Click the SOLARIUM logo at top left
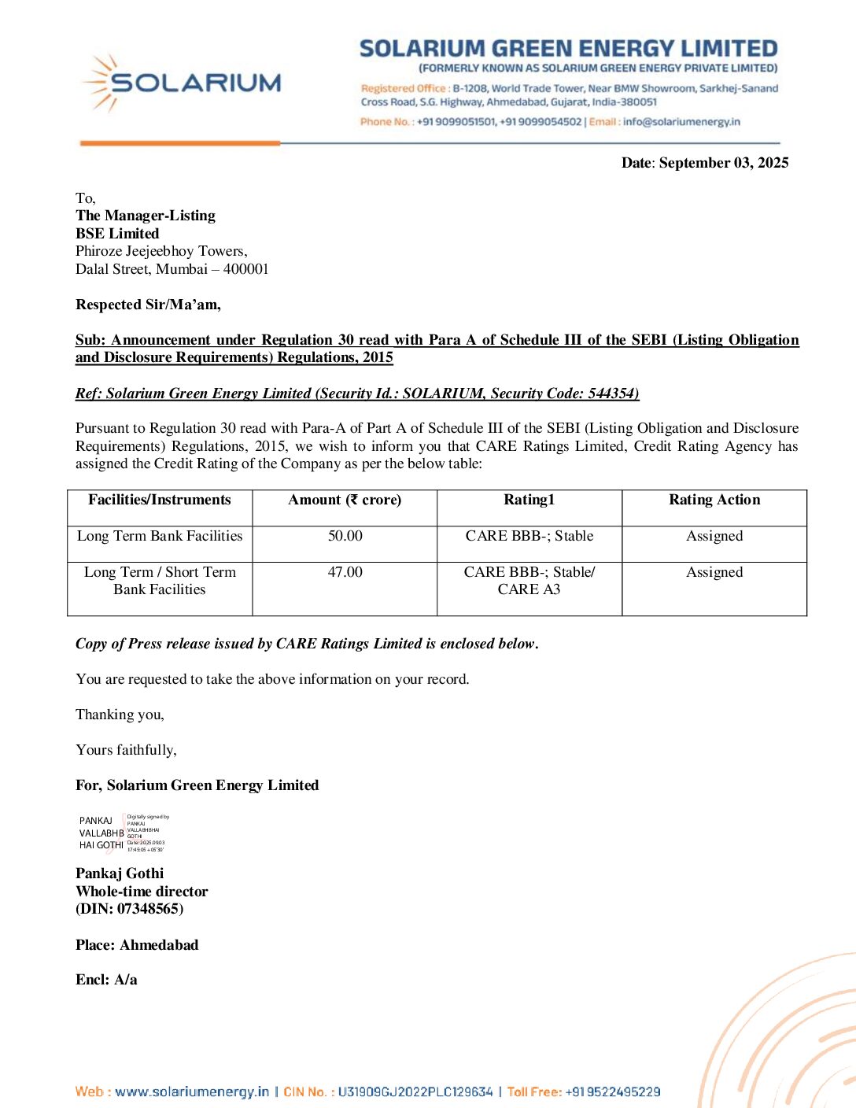(x=181, y=83)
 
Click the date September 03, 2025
(x=723, y=163)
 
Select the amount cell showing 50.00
(x=345, y=536)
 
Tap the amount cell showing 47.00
(x=345, y=572)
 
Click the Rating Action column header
(x=714, y=500)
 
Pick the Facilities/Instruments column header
(x=160, y=500)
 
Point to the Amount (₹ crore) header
(x=345, y=500)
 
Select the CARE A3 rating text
(x=529, y=589)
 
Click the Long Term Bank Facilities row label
(x=160, y=536)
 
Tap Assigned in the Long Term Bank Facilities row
(x=714, y=536)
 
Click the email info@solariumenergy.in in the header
(x=681, y=122)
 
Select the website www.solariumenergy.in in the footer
(x=192, y=1091)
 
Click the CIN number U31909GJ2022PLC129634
(x=415, y=1091)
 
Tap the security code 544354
(x=611, y=393)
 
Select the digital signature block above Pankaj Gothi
(x=123, y=833)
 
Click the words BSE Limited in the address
(x=117, y=234)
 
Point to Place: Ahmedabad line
(x=137, y=945)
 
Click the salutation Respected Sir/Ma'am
(x=148, y=305)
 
